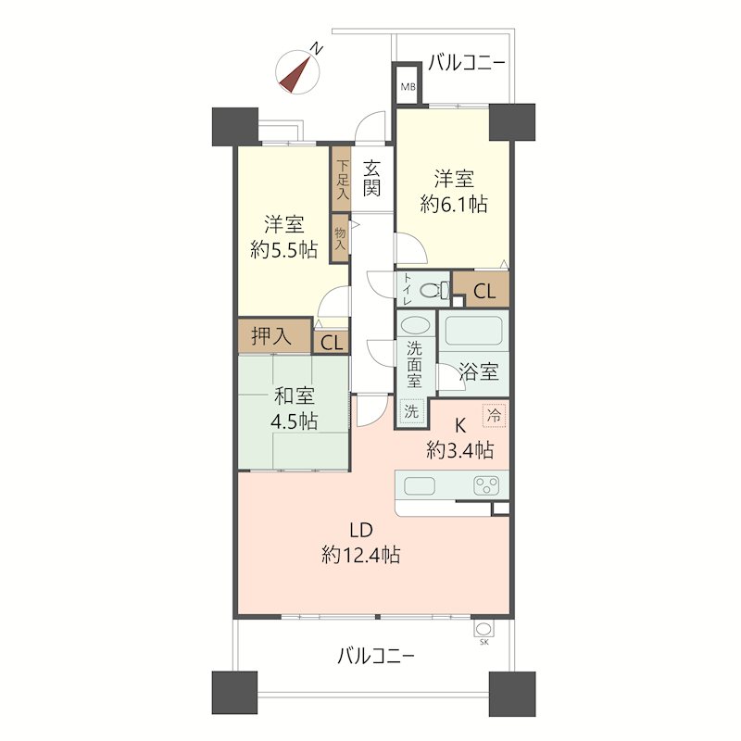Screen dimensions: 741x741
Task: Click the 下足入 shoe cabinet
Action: point(341,179)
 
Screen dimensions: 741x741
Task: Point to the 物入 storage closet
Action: point(340,238)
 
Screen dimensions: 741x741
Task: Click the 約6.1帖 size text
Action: point(454,205)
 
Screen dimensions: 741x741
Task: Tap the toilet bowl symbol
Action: point(431,291)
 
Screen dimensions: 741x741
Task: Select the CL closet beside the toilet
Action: point(484,291)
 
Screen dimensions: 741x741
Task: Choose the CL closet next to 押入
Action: point(331,342)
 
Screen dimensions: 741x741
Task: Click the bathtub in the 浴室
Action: point(471,330)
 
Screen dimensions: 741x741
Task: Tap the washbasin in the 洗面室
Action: point(415,326)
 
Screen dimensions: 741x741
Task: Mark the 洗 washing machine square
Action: point(410,410)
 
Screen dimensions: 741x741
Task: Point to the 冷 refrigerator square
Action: point(496,417)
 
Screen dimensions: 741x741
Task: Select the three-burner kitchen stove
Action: point(487,485)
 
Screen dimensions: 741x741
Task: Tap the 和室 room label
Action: point(294,397)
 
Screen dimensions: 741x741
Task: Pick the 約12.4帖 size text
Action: point(360,556)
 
